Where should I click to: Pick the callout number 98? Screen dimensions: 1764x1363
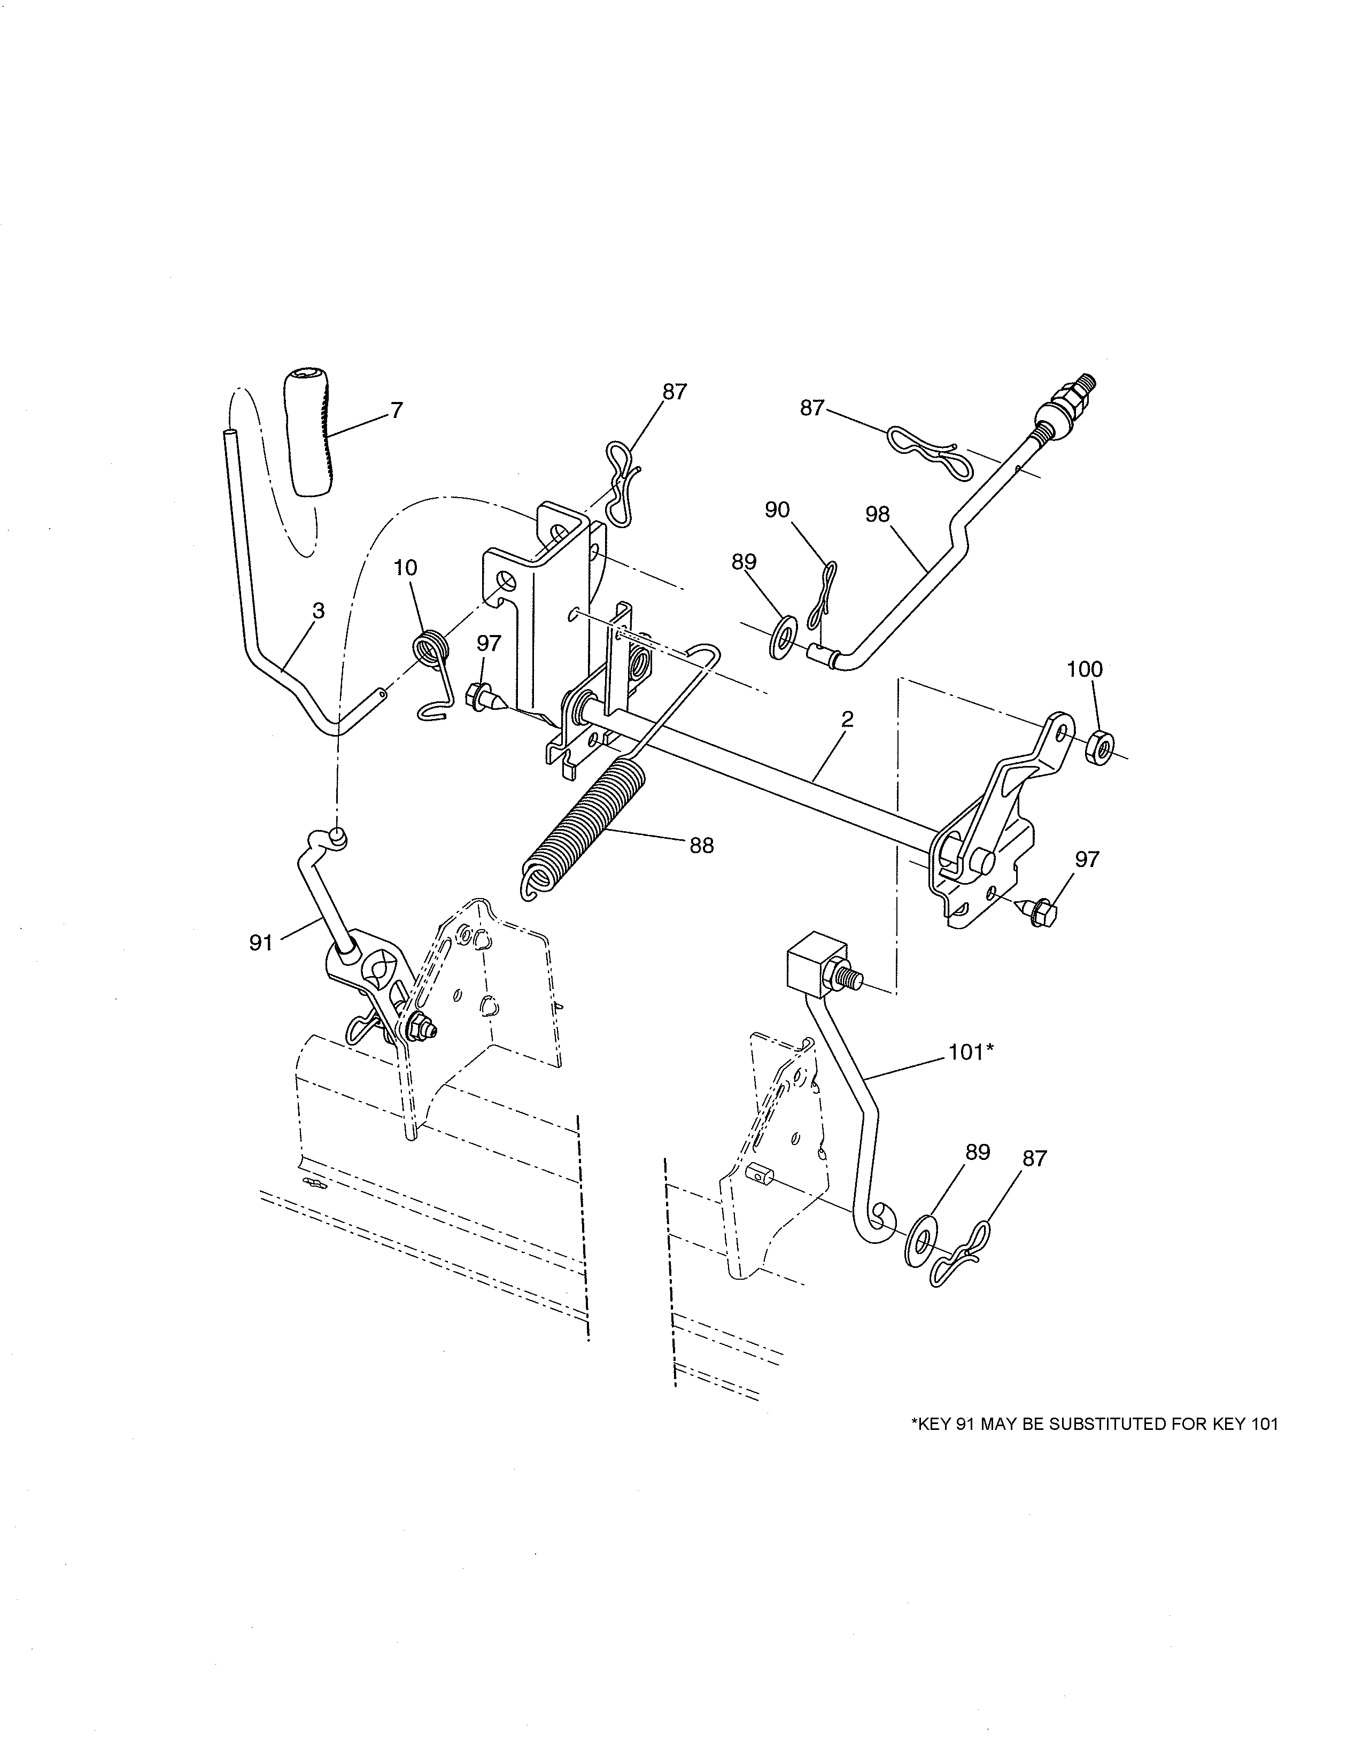pyautogui.click(x=878, y=514)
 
